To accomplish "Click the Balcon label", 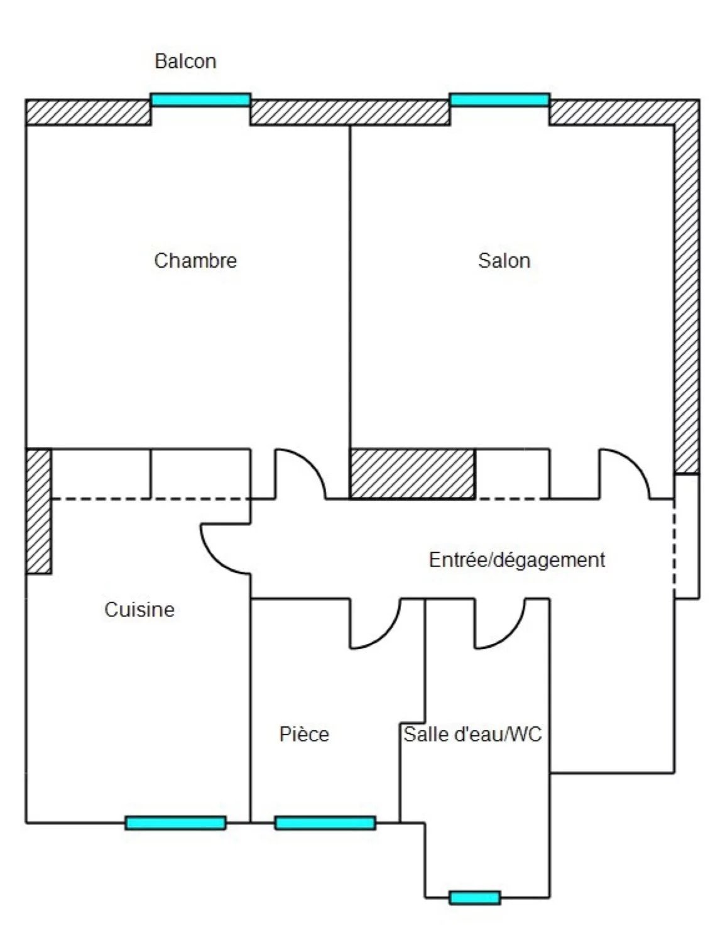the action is tap(185, 61).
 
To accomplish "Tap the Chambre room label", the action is tap(195, 260).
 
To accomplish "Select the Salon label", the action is tap(505, 260).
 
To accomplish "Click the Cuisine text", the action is tap(139, 609).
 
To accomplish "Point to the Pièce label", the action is tap(304, 734).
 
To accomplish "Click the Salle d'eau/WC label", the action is tap(472, 734).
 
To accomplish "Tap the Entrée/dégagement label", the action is tap(517, 560).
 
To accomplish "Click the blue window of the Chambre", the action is tap(200, 100).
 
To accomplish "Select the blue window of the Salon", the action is tap(500, 100).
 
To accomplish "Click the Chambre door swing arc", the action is tap(312, 463).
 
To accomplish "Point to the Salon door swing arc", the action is tap(635, 463).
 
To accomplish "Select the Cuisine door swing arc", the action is tap(215, 560).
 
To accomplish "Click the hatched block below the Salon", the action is tap(413, 474).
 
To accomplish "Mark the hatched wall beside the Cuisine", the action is tap(39, 511).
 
